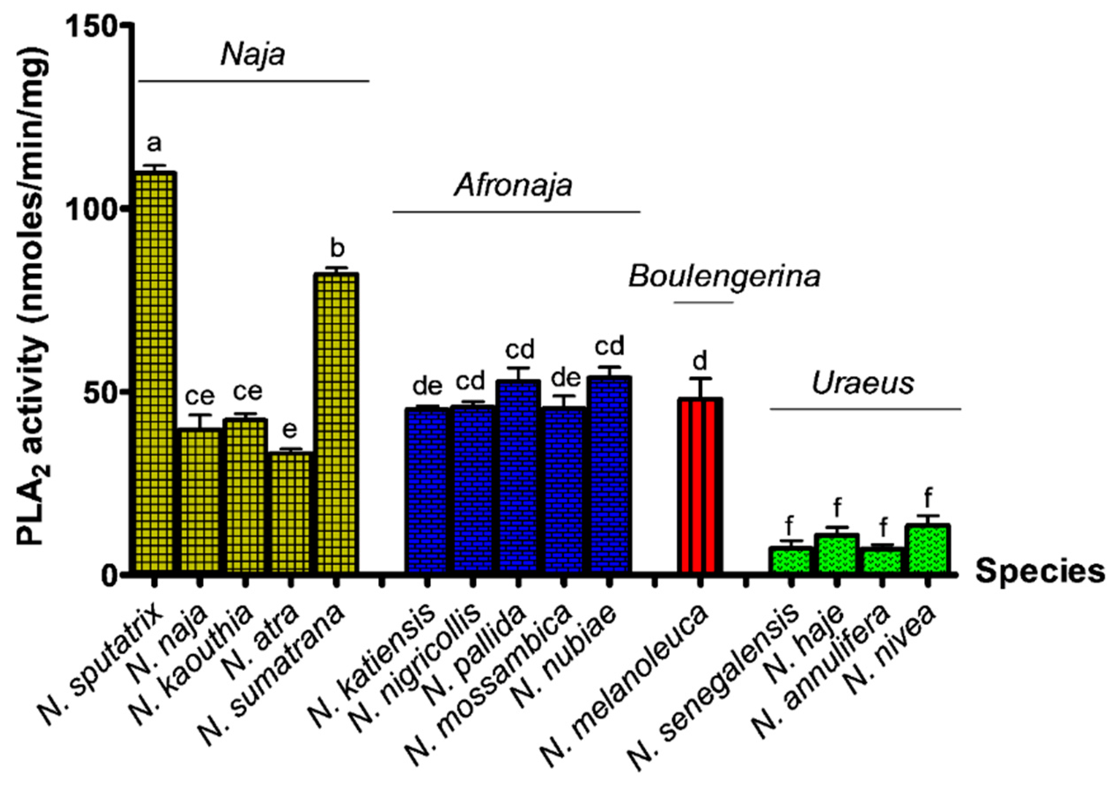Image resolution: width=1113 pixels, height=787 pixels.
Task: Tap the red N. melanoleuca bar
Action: tap(700, 485)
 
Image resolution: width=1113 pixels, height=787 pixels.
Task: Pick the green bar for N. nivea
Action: tap(928, 548)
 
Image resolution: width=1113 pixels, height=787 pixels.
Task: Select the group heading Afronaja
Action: tap(513, 185)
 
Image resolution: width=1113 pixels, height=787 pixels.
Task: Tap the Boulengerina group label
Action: tap(724, 277)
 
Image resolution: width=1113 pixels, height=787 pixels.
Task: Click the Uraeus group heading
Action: tap(863, 384)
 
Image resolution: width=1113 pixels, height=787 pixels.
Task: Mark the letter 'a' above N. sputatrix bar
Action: tap(154, 143)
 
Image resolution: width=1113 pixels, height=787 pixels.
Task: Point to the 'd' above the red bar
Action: tap(700, 361)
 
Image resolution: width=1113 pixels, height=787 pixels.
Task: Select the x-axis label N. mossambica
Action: tap(490, 679)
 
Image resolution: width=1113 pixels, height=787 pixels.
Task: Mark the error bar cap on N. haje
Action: tap(837, 527)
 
